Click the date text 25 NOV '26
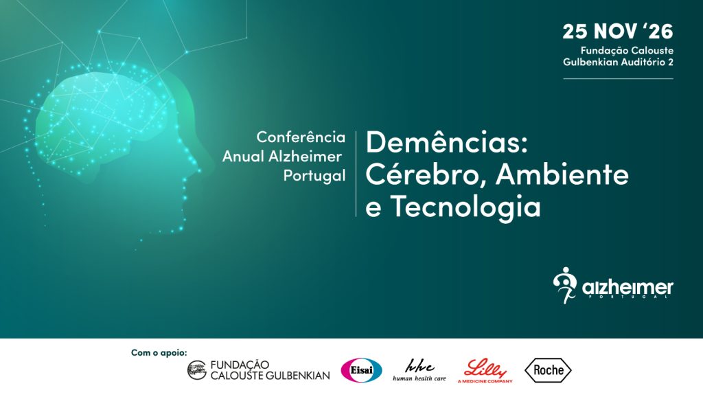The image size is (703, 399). click(618, 32)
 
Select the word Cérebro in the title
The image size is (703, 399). click(426, 174)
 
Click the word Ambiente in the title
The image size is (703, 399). click(562, 174)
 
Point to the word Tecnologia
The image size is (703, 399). click(465, 206)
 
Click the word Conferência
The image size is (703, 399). click(301, 137)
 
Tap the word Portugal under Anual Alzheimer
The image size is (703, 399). click(314, 175)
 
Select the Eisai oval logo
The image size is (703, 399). click(361, 370)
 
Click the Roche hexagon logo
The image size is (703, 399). click(548, 370)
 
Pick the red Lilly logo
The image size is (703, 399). click(485, 371)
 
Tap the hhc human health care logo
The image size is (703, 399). click(419, 370)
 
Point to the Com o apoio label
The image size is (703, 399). click(159, 353)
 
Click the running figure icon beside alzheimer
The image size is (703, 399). click(565, 285)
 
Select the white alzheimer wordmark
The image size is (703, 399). click(627, 288)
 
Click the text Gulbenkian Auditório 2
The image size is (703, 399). click(619, 62)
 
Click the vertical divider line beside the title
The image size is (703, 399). click(356, 174)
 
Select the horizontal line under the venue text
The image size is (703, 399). click(619, 79)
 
